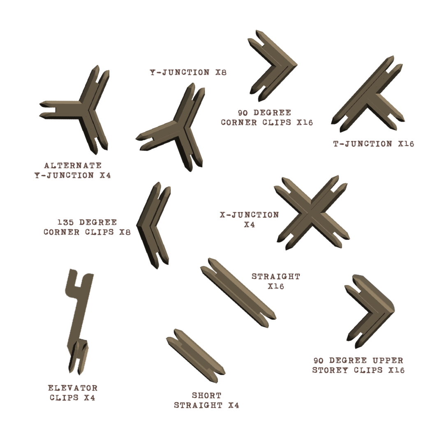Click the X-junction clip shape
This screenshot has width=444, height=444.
[312, 213]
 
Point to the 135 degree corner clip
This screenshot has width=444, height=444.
[147, 227]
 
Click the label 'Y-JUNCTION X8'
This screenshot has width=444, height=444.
[188, 72]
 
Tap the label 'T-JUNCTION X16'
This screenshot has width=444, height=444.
[373, 144]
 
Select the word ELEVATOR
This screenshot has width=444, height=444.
[73, 388]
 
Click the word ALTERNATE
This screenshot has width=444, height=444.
[73, 165]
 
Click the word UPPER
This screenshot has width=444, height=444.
[388, 361]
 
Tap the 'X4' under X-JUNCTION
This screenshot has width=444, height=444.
[250, 225]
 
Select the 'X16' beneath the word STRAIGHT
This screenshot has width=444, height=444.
[276, 286]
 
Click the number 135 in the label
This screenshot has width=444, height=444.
[65, 222]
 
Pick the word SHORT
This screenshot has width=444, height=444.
[207, 395]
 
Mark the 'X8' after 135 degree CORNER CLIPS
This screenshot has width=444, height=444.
[125, 232]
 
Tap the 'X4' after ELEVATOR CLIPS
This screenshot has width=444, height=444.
[90, 398]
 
